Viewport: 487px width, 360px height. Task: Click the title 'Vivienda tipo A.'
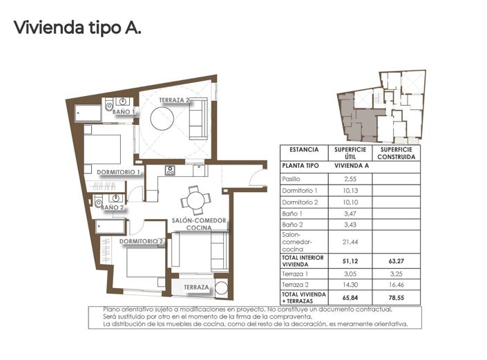click(x=77, y=28)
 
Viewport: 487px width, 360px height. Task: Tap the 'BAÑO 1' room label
click(x=124, y=112)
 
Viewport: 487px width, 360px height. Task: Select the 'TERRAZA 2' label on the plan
click(x=175, y=100)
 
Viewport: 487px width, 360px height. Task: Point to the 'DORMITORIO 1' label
click(x=119, y=172)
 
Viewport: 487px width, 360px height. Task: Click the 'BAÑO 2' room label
click(x=112, y=207)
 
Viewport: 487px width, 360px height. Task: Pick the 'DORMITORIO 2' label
click(x=141, y=241)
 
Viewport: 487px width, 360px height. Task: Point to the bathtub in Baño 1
click(x=89, y=110)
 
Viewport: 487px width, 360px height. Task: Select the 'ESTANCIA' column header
click(x=304, y=149)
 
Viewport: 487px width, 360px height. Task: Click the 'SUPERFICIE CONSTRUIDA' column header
click(x=396, y=153)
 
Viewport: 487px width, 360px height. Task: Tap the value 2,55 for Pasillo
click(x=350, y=179)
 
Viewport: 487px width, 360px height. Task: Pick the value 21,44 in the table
click(x=350, y=241)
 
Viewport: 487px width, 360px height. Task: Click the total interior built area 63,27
click(x=396, y=262)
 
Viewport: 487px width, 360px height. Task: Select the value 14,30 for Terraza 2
click(x=350, y=285)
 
